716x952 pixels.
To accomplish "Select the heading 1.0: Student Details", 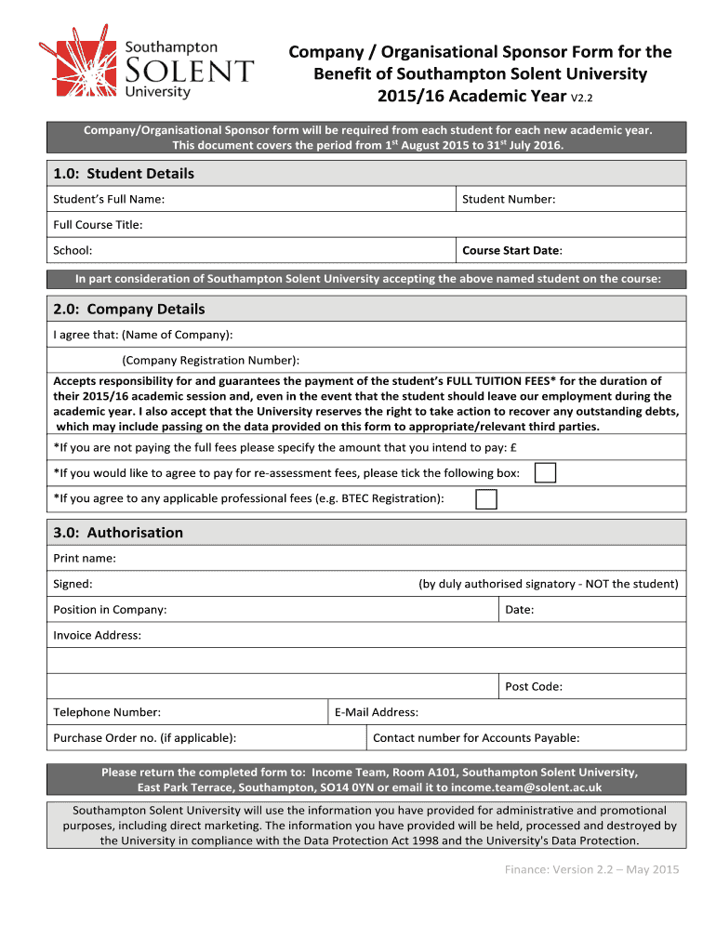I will pyautogui.click(x=124, y=174).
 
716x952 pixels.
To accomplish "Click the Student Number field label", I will pyautogui.click(x=509, y=199).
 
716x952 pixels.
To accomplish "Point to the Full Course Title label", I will pyautogui.click(x=98, y=225).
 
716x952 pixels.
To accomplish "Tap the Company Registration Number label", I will pyautogui.click(x=210, y=360).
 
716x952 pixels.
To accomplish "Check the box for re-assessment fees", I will pyautogui.click(x=546, y=473).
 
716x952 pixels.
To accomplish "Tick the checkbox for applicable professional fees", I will pyautogui.click(x=485, y=499).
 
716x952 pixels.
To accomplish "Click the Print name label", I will pyautogui.click(x=85, y=559).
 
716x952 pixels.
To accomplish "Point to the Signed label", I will pyautogui.click(x=73, y=584).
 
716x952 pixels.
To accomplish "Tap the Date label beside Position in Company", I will pyautogui.click(x=519, y=610).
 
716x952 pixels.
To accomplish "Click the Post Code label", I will pyautogui.click(x=533, y=687).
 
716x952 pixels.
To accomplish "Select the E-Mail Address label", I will pyautogui.click(x=376, y=712).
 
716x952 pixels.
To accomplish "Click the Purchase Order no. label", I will pyautogui.click(x=144, y=738).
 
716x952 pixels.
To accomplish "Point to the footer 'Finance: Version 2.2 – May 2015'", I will pyautogui.click(x=591, y=870).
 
